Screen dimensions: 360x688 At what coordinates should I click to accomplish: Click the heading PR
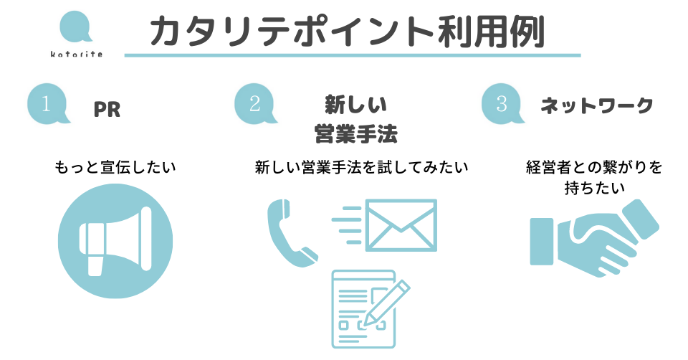tap(107, 110)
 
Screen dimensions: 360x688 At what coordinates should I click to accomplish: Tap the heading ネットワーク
tap(597, 106)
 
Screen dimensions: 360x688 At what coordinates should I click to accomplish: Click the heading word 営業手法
tap(356, 133)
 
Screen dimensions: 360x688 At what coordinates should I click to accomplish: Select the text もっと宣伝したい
tap(115, 168)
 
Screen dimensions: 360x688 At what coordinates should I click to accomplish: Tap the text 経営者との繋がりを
tap(594, 168)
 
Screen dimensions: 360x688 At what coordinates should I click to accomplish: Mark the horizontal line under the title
tap(352, 55)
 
